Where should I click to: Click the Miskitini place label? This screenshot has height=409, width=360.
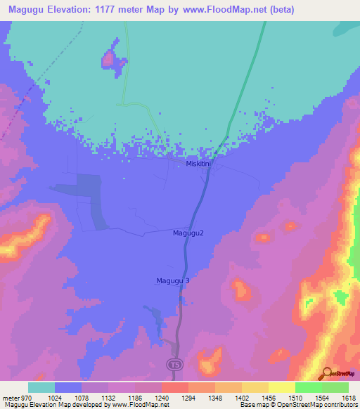point(198,163)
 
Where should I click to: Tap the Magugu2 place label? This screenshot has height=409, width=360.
point(188,233)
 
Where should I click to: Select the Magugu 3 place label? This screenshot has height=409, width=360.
point(173,280)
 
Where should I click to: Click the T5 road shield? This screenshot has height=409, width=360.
point(174,364)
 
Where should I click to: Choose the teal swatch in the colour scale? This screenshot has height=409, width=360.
point(41,387)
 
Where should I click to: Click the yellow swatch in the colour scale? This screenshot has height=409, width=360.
point(281,387)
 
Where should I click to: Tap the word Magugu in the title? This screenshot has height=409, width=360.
point(28,10)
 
